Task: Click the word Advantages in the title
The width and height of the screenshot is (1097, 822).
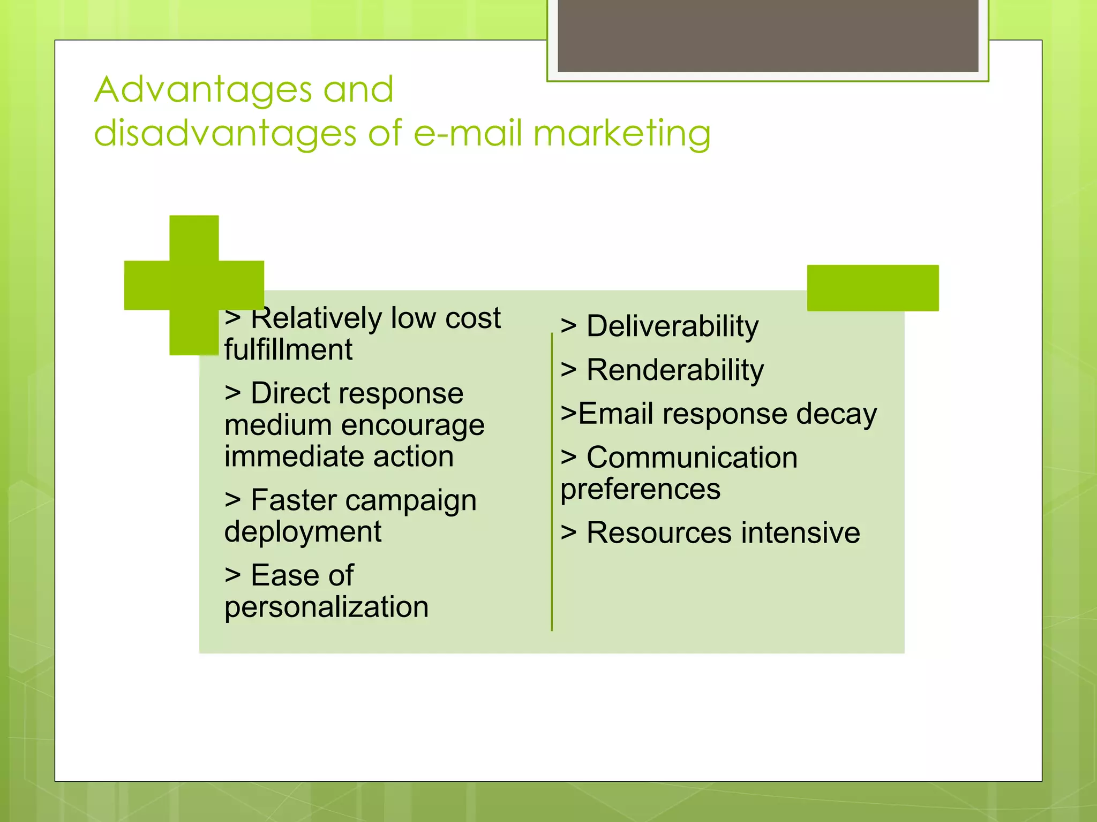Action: tap(203, 90)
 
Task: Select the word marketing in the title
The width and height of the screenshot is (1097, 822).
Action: tap(622, 134)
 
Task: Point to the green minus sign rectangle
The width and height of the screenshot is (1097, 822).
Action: tap(873, 288)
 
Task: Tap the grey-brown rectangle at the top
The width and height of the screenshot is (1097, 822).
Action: tap(768, 35)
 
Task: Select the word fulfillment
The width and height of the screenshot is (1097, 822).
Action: tap(288, 349)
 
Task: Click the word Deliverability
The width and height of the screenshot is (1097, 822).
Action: tap(672, 326)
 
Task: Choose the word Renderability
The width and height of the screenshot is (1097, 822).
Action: tap(675, 370)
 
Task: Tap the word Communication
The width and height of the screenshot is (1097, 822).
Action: tap(692, 458)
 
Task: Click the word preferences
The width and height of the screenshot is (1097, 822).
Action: tap(640, 489)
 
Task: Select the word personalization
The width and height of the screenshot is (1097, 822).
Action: tap(326, 607)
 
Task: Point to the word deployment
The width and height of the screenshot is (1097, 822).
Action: tap(303, 532)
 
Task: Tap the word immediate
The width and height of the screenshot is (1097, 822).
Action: tap(294, 456)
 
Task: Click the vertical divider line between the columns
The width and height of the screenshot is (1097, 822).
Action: tap(552, 482)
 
